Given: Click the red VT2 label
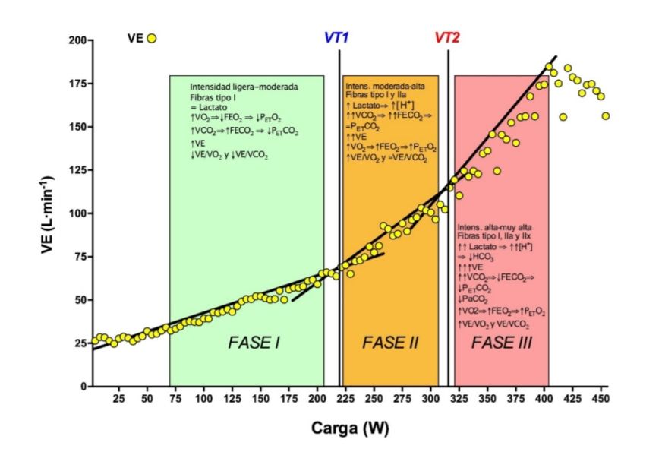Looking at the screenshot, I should click(x=447, y=37).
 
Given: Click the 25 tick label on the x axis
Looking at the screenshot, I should click(x=118, y=398).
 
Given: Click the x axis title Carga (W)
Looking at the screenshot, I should click(x=349, y=428).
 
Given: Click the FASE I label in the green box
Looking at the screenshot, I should click(x=254, y=343).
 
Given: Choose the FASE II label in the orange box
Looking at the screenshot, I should click(x=390, y=343).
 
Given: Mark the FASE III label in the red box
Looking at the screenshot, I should click(x=501, y=343).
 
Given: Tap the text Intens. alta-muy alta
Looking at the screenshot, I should click(x=494, y=228).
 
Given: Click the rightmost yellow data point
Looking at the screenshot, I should click(x=605, y=116).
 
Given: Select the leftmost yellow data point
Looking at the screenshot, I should click(x=95, y=340).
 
